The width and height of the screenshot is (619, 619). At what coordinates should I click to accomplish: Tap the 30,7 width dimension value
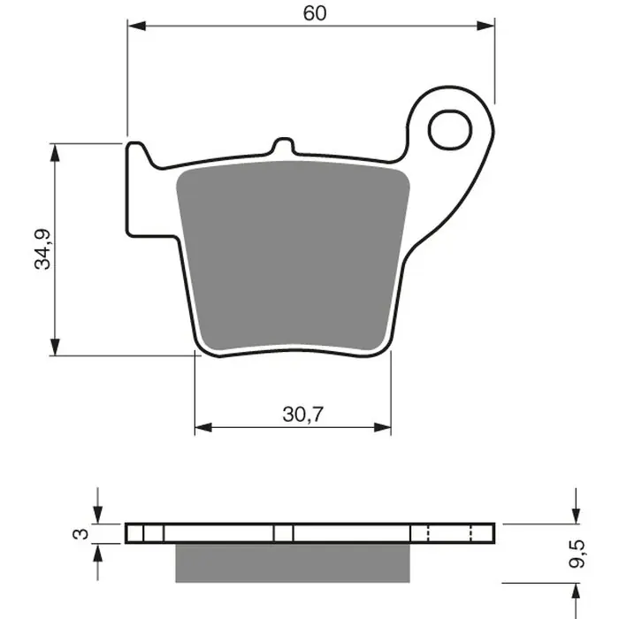pos(292,413)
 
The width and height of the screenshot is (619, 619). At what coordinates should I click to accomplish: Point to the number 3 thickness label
pos(80,533)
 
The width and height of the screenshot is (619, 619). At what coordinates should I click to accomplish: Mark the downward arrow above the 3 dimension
pos(97,512)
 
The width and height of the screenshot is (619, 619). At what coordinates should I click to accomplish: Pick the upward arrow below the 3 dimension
pos(97,554)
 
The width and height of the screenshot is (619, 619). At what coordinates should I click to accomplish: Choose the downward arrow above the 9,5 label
pos(576,512)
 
